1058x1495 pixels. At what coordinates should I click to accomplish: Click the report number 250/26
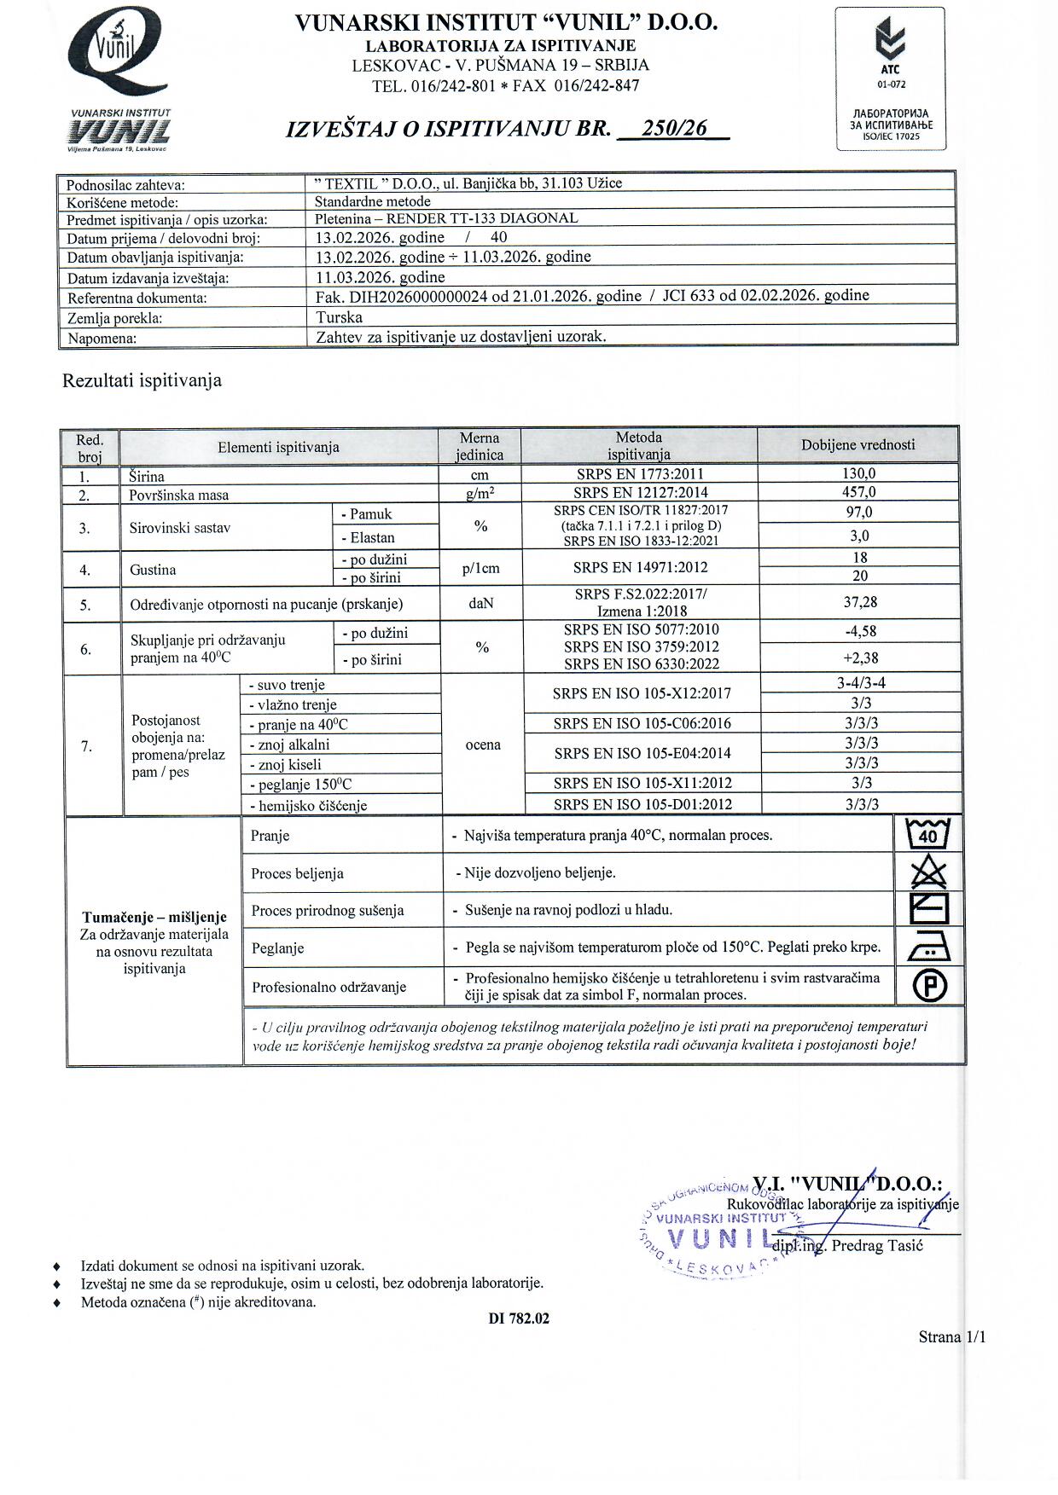click(x=674, y=128)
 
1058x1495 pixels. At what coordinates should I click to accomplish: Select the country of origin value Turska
click(x=339, y=317)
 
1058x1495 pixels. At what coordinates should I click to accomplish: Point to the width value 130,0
click(x=858, y=473)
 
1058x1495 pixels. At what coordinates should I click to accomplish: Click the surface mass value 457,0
click(x=858, y=492)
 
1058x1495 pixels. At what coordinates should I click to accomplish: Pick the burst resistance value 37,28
click(x=859, y=602)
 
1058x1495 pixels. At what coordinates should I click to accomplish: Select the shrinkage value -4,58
click(x=859, y=632)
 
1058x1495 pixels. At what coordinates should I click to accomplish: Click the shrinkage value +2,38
click(x=860, y=658)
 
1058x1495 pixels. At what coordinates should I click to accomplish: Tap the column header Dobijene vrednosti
click(x=857, y=444)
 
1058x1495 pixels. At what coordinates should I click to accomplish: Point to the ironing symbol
click(x=929, y=947)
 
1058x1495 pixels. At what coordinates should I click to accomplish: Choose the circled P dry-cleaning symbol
click(x=930, y=986)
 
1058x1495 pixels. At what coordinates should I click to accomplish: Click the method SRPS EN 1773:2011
click(x=639, y=473)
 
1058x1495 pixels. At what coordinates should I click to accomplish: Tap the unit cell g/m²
click(x=480, y=493)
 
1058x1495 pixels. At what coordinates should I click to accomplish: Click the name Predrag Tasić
click(x=877, y=1245)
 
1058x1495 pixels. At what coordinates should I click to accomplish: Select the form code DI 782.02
click(x=519, y=1318)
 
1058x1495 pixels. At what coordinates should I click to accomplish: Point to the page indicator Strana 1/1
click(x=951, y=1337)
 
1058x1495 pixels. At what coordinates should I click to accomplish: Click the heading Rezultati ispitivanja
click(x=142, y=380)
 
